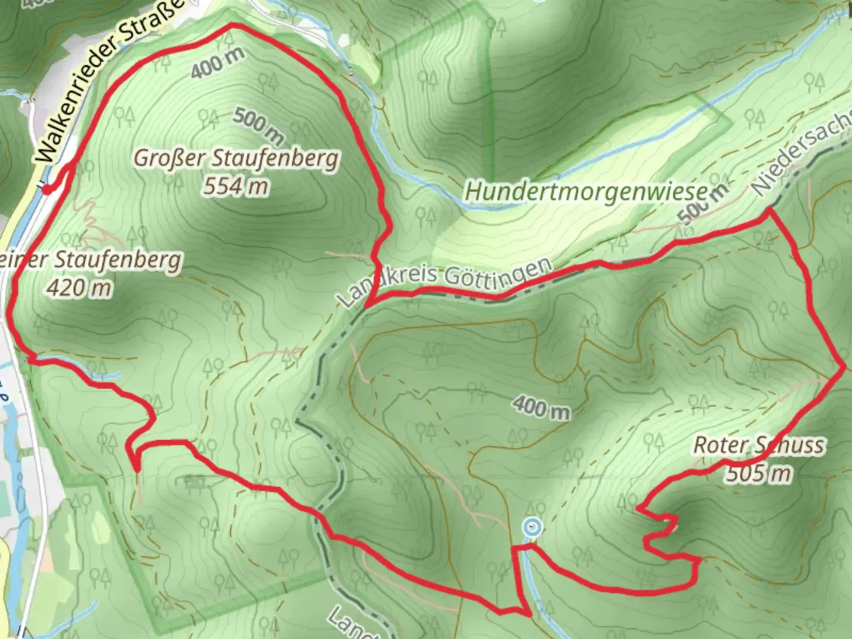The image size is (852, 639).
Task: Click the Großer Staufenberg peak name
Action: [237, 159]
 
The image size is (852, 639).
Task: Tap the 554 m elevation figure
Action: [235, 187]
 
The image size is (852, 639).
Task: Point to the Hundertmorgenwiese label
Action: [586, 191]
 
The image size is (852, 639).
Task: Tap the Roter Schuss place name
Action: [759, 445]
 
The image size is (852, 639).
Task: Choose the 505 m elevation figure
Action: [759, 473]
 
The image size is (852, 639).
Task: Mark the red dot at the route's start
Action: [47, 189]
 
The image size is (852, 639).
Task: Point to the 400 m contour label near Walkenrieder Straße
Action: [217, 63]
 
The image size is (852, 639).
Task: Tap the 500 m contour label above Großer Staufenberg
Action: [259, 125]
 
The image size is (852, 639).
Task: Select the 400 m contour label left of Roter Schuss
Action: [541, 407]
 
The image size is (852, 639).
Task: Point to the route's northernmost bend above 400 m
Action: [232, 25]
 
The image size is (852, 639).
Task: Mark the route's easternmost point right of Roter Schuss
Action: [844, 367]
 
